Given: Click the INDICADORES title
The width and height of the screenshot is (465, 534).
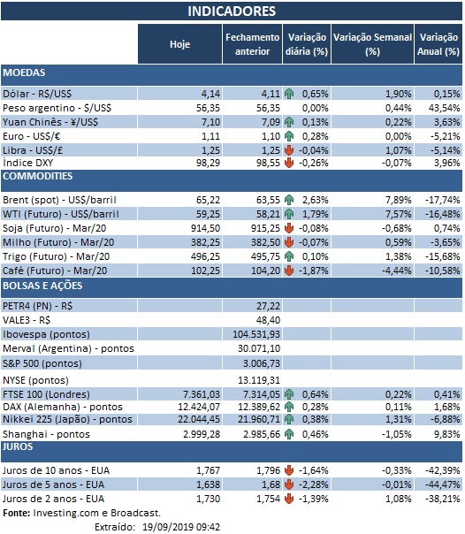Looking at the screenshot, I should click(232, 11).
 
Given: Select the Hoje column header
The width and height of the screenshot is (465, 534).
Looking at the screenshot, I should click(179, 44).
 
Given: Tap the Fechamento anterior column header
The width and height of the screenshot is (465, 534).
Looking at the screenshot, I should click(251, 44).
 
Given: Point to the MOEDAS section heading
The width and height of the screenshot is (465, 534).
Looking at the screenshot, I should click(25, 72).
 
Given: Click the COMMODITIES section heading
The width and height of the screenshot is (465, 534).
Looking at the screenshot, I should click(37, 176).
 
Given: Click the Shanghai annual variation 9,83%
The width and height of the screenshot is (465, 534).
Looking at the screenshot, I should click(445, 432).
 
